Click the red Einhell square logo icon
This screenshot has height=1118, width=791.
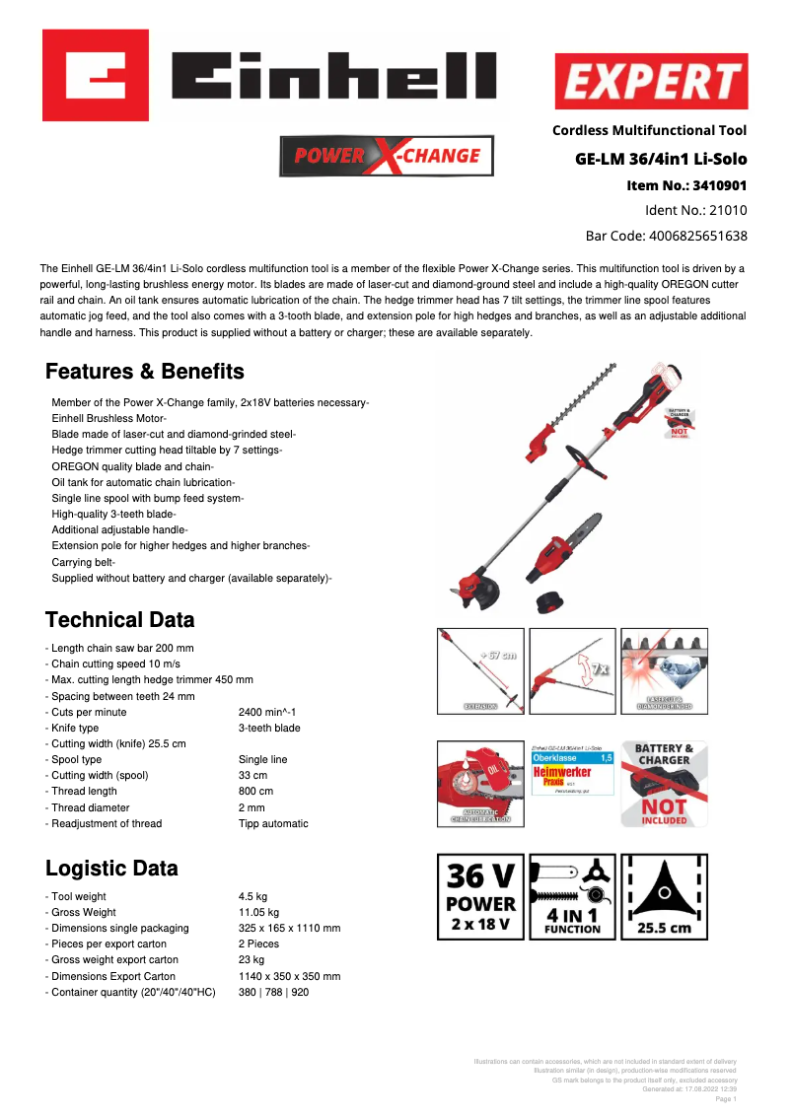point(96,75)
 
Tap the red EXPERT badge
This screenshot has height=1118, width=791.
point(651,81)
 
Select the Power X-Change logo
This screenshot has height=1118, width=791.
point(387,156)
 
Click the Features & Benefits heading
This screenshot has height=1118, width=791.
point(145,372)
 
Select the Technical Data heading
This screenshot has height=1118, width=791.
point(120,620)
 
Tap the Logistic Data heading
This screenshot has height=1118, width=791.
point(111,869)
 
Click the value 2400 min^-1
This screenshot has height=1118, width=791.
point(267,712)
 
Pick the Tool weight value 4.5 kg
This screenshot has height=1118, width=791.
point(252,897)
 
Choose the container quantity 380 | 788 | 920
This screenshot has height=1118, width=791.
point(273,992)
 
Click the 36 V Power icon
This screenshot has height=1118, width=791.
point(480,896)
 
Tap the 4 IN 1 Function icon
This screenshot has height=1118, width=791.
point(572,896)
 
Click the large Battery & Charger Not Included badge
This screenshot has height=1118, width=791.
point(663,784)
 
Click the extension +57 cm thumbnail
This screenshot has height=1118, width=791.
point(480,671)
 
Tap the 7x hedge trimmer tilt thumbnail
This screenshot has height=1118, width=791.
point(572,671)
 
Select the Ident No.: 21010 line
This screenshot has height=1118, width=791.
point(695,210)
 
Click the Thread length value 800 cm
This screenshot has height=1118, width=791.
point(256,792)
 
